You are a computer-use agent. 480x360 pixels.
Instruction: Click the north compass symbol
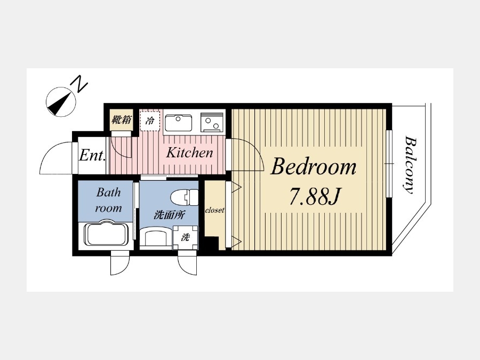(x=61, y=102)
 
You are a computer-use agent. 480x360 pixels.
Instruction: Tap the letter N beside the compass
(x=79, y=84)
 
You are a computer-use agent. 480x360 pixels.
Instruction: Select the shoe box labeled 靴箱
(x=122, y=119)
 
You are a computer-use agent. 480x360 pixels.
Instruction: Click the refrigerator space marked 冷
(x=150, y=121)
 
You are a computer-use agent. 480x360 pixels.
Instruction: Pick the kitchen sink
(x=179, y=123)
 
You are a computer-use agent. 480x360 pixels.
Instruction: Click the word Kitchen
(x=189, y=153)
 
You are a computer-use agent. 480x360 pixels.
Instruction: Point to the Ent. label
(x=92, y=155)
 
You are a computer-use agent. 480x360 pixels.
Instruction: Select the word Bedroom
(x=314, y=167)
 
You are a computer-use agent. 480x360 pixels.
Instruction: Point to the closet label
(x=214, y=210)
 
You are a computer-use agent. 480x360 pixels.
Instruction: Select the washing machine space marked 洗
(x=185, y=237)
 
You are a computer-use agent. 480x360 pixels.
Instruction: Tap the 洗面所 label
(x=169, y=215)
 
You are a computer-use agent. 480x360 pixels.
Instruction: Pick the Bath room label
(x=109, y=200)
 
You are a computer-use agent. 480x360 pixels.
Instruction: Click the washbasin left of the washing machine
(x=156, y=236)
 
